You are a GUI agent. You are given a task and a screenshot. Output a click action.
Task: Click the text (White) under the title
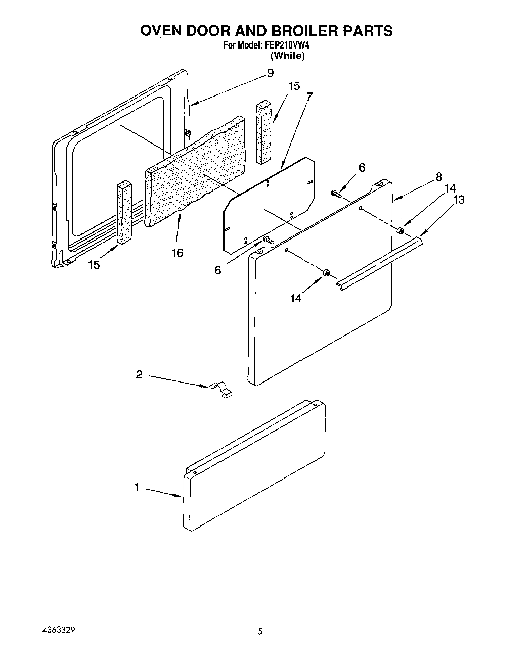pos(288,56)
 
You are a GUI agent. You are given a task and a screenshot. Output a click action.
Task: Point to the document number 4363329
pos(60,631)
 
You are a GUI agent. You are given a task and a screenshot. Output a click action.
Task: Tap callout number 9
pos(270,74)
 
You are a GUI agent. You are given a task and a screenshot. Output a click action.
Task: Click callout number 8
pos(439,177)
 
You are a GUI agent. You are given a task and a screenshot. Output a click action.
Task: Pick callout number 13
pos(459,200)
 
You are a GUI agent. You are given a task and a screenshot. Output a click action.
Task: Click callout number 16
pos(177,253)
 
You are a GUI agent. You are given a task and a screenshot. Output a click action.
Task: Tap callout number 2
pos(139,374)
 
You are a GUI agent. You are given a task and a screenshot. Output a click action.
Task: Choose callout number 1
pos(137,487)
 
